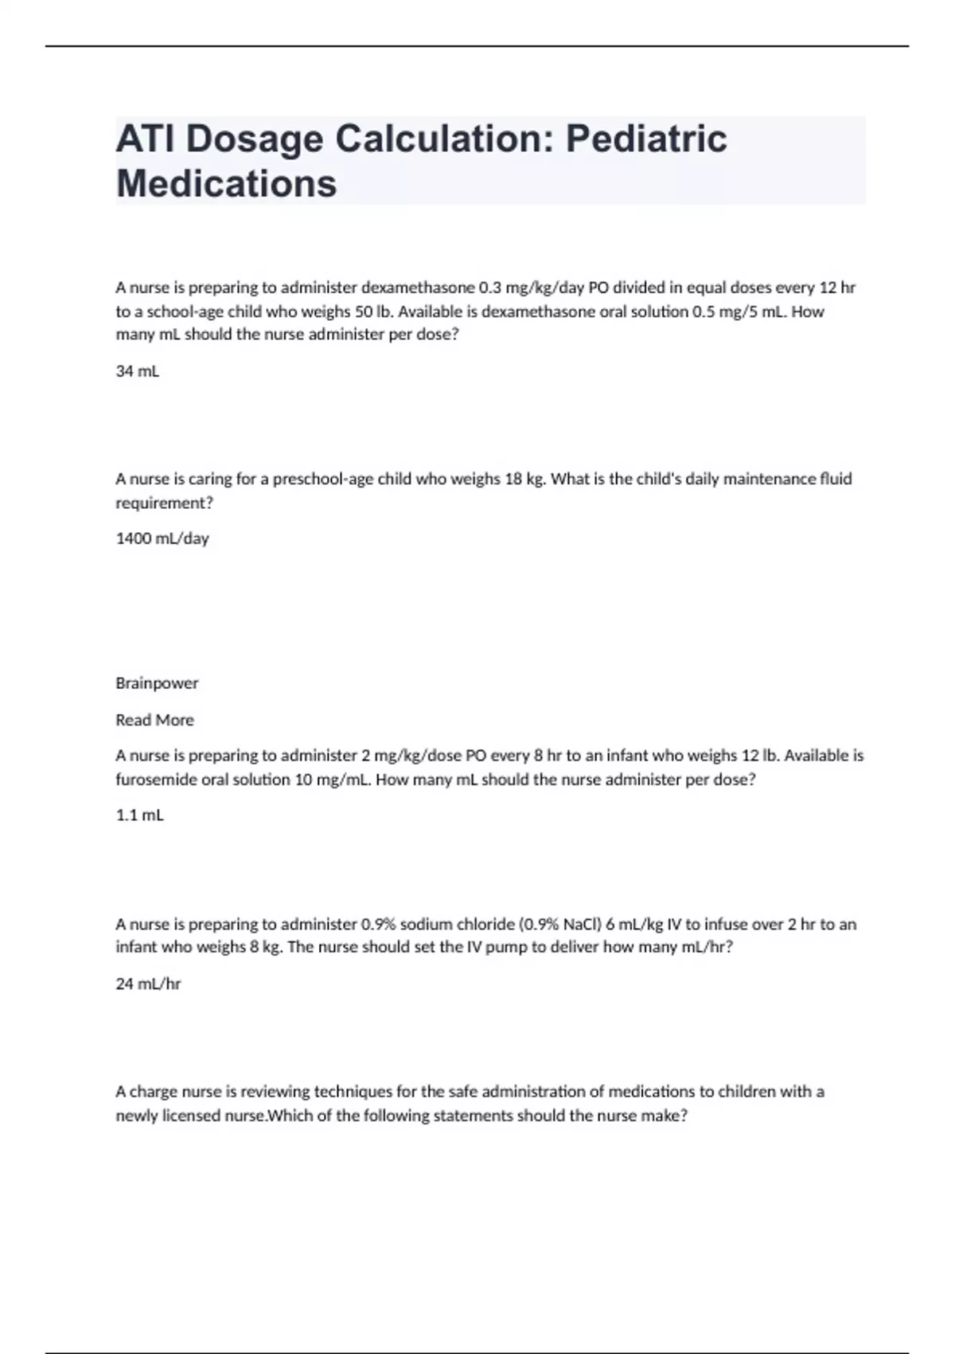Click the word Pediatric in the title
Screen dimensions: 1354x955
pyautogui.click(x=646, y=139)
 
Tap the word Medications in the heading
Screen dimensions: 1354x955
pyautogui.click(x=227, y=183)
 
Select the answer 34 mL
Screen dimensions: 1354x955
pyautogui.click(x=138, y=371)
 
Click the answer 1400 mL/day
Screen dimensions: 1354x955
pyautogui.click(x=162, y=538)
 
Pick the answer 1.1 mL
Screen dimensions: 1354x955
pyautogui.click(x=140, y=815)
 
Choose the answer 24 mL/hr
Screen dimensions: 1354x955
pyautogui.click(x=148, y=984)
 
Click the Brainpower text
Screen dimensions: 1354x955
pyautogui.click(x=157, y=683)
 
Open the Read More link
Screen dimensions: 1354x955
pyautogui.click(x=154, y=720)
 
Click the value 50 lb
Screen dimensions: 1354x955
pyautogui.click(x=374, y=311)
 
